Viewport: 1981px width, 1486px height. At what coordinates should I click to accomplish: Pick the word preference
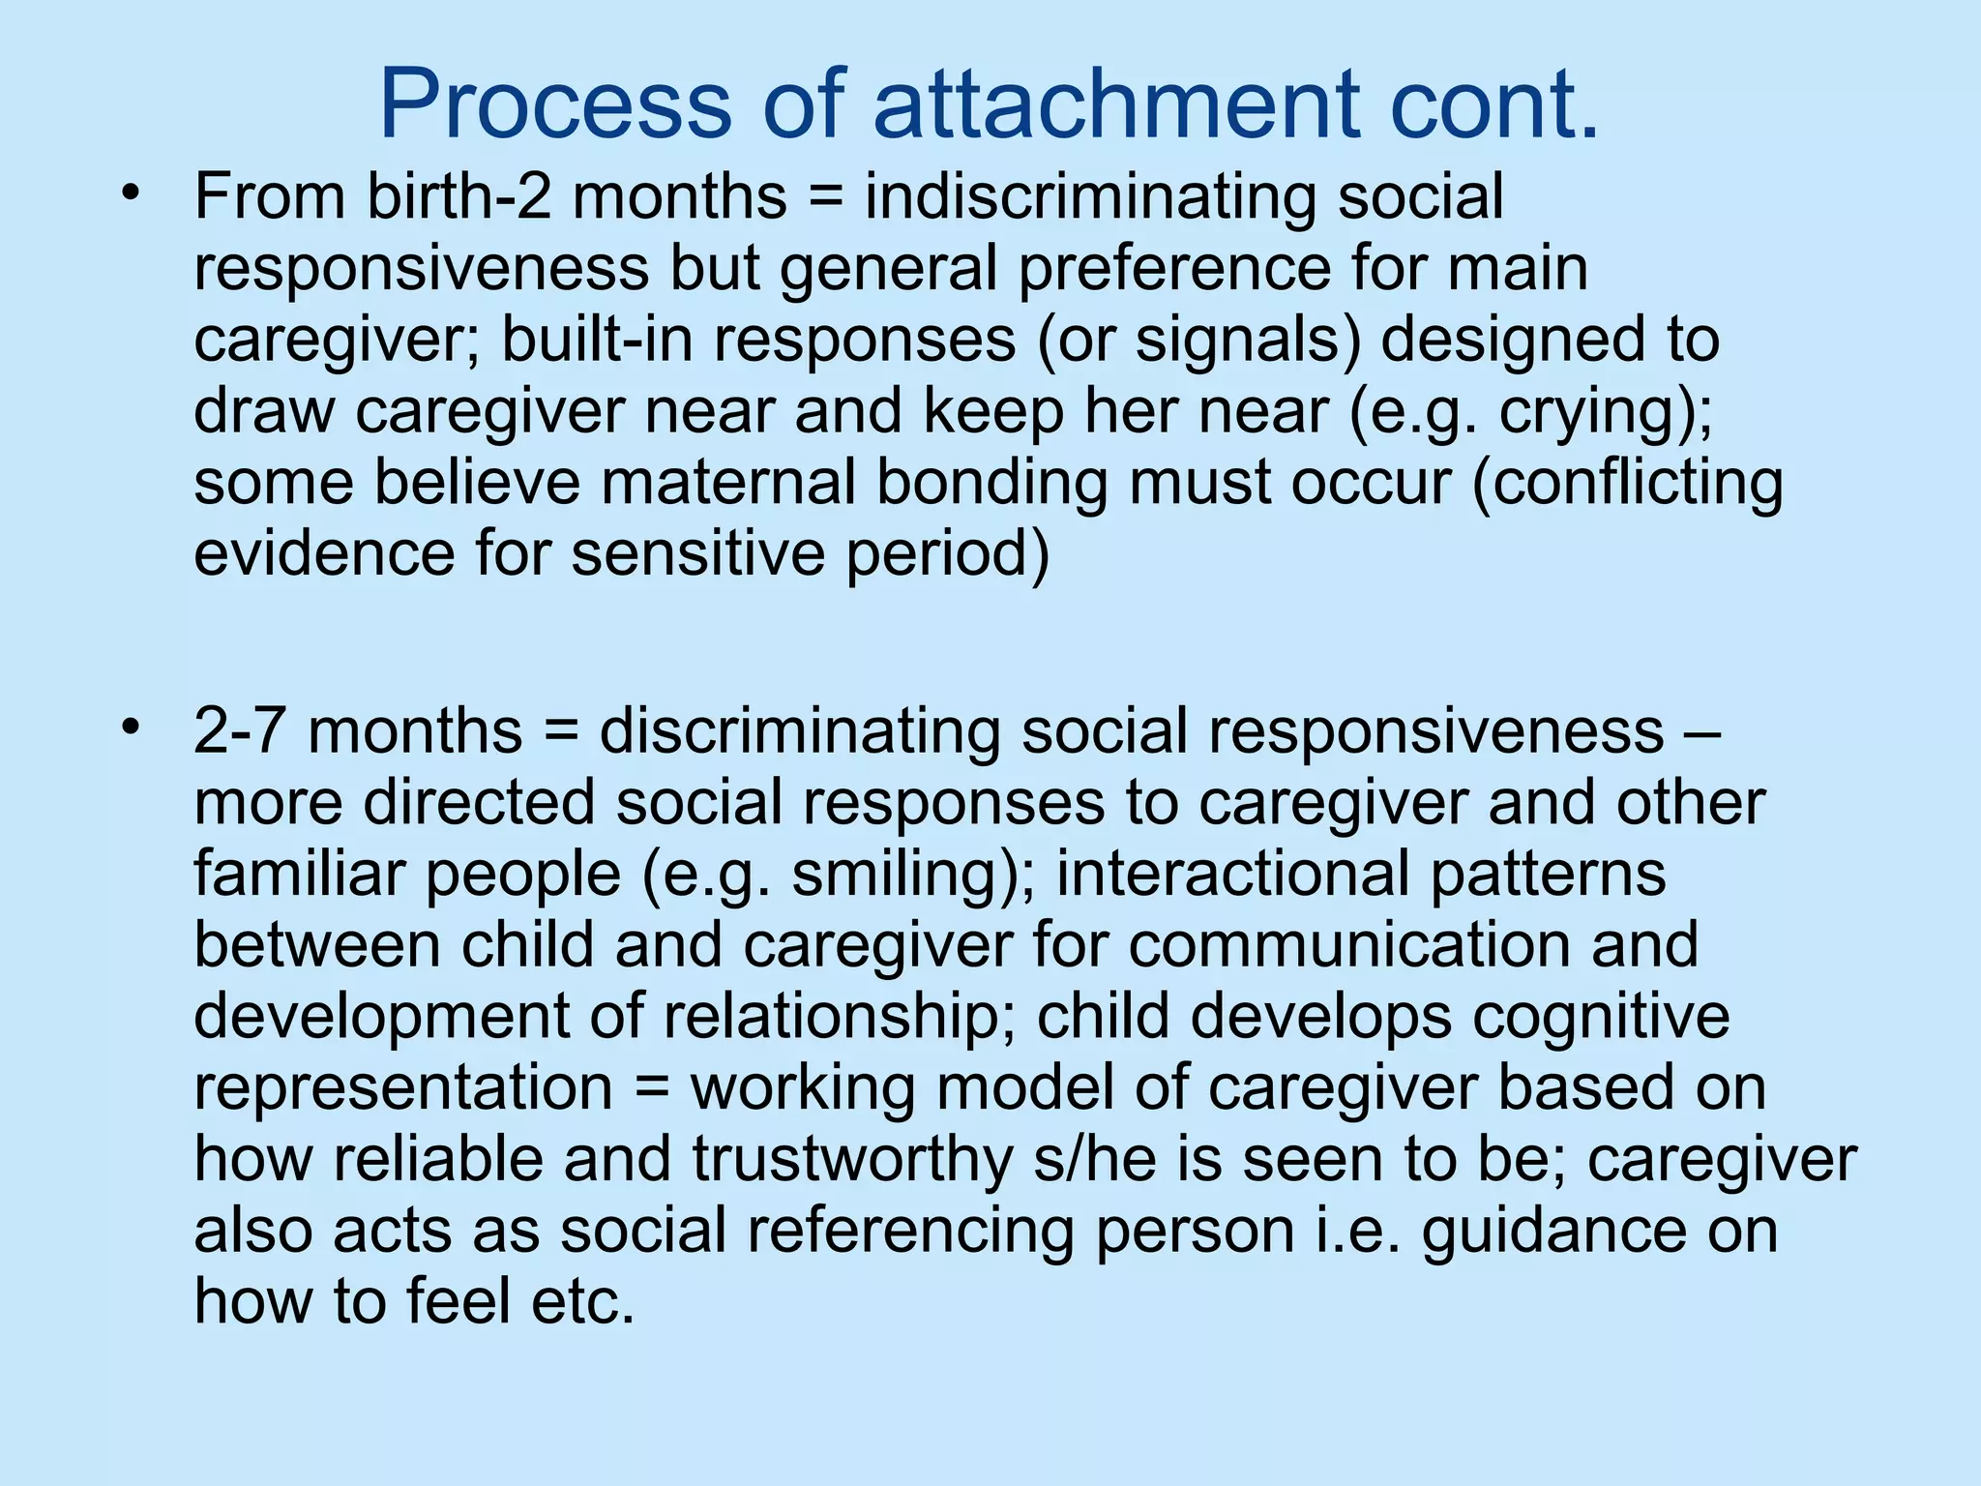[1174, 268]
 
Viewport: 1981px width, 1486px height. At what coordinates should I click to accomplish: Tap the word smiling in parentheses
[903, 874]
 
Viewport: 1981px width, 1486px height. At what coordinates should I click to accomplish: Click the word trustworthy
[851, 1159]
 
